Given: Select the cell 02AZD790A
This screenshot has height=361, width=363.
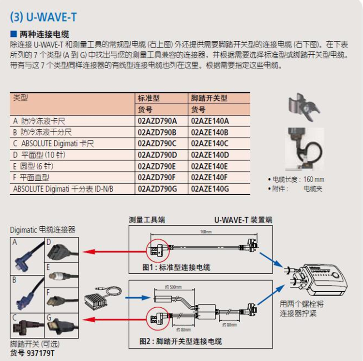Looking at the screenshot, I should (x=158, y=121).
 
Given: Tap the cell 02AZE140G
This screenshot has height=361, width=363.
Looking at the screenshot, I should (x=210, y=188).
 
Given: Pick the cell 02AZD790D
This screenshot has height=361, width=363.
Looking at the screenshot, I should (x=158, y=154).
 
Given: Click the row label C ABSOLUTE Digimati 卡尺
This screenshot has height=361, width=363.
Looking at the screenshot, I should (x=53, y=143).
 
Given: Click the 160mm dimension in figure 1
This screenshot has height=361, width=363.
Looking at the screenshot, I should (x=206, y=232).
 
